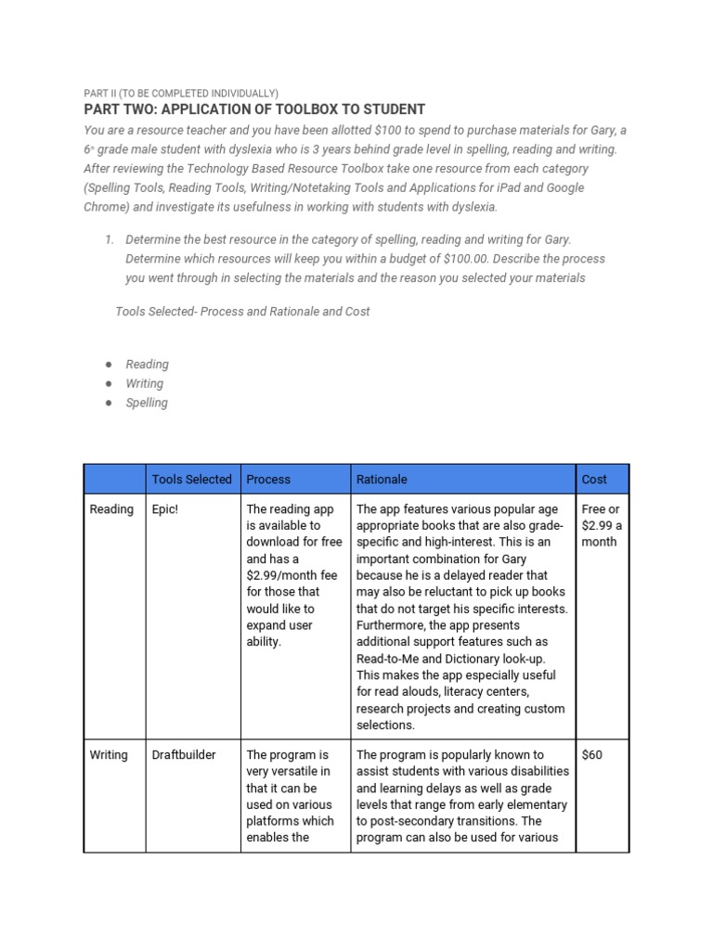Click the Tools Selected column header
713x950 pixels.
point(191,480)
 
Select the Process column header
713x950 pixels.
point(268,480)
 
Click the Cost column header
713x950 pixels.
point(594,480)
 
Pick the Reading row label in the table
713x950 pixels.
point(111,509)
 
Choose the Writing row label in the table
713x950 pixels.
point(109,755)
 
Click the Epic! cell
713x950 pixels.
point(164,509)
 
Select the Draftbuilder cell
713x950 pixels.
point(184,755)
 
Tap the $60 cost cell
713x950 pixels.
point(591,755)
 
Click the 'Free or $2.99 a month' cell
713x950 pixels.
point(602,525)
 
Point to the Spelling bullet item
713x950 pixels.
point(147,403)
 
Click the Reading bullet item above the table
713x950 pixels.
point(147,365)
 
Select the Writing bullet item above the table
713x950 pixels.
point(145,383)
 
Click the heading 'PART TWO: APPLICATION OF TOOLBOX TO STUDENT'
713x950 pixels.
point(254,109)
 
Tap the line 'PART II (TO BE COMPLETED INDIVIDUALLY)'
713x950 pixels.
point(180,93)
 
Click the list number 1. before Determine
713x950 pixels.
point(109,239)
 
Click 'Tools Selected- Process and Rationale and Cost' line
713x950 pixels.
point(242,312)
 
